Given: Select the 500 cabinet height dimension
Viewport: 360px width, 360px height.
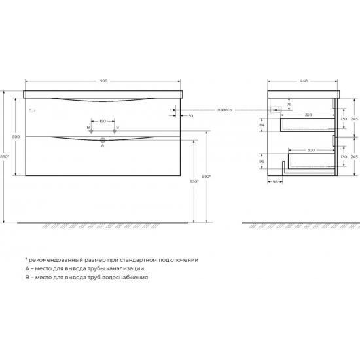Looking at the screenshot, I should point(16,136).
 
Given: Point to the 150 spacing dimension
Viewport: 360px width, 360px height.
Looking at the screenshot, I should point(103,121).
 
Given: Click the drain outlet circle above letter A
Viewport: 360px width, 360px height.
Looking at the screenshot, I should point(103,140).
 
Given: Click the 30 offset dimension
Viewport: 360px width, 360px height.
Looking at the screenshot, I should point(190,116).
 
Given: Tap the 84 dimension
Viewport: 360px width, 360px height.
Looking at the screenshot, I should point(262,124).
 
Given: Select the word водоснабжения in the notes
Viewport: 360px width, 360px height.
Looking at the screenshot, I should point(122,277).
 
